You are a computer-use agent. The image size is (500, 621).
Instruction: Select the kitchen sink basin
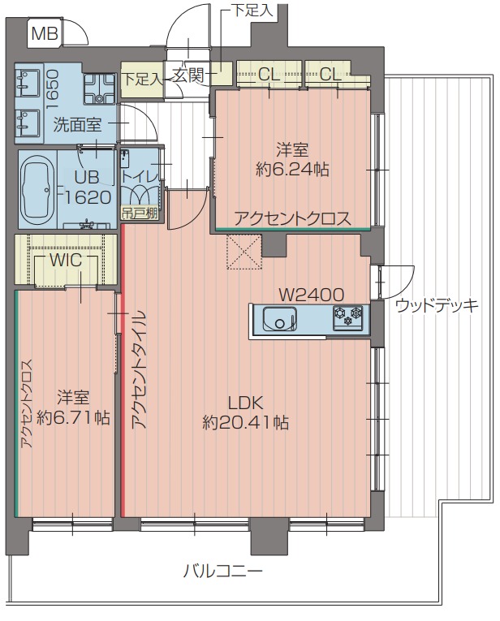[x=278, y=321]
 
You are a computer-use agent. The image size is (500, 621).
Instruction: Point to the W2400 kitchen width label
[x=311, y=294]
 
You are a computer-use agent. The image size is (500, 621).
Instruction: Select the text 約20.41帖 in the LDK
[x=246, y=422]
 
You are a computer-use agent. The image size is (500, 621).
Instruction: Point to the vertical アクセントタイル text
[x=136, y=369]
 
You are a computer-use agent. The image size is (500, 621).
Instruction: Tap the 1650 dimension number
[x=52, y=86]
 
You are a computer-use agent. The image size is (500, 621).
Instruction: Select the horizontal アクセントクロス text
[x=292, y=218]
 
